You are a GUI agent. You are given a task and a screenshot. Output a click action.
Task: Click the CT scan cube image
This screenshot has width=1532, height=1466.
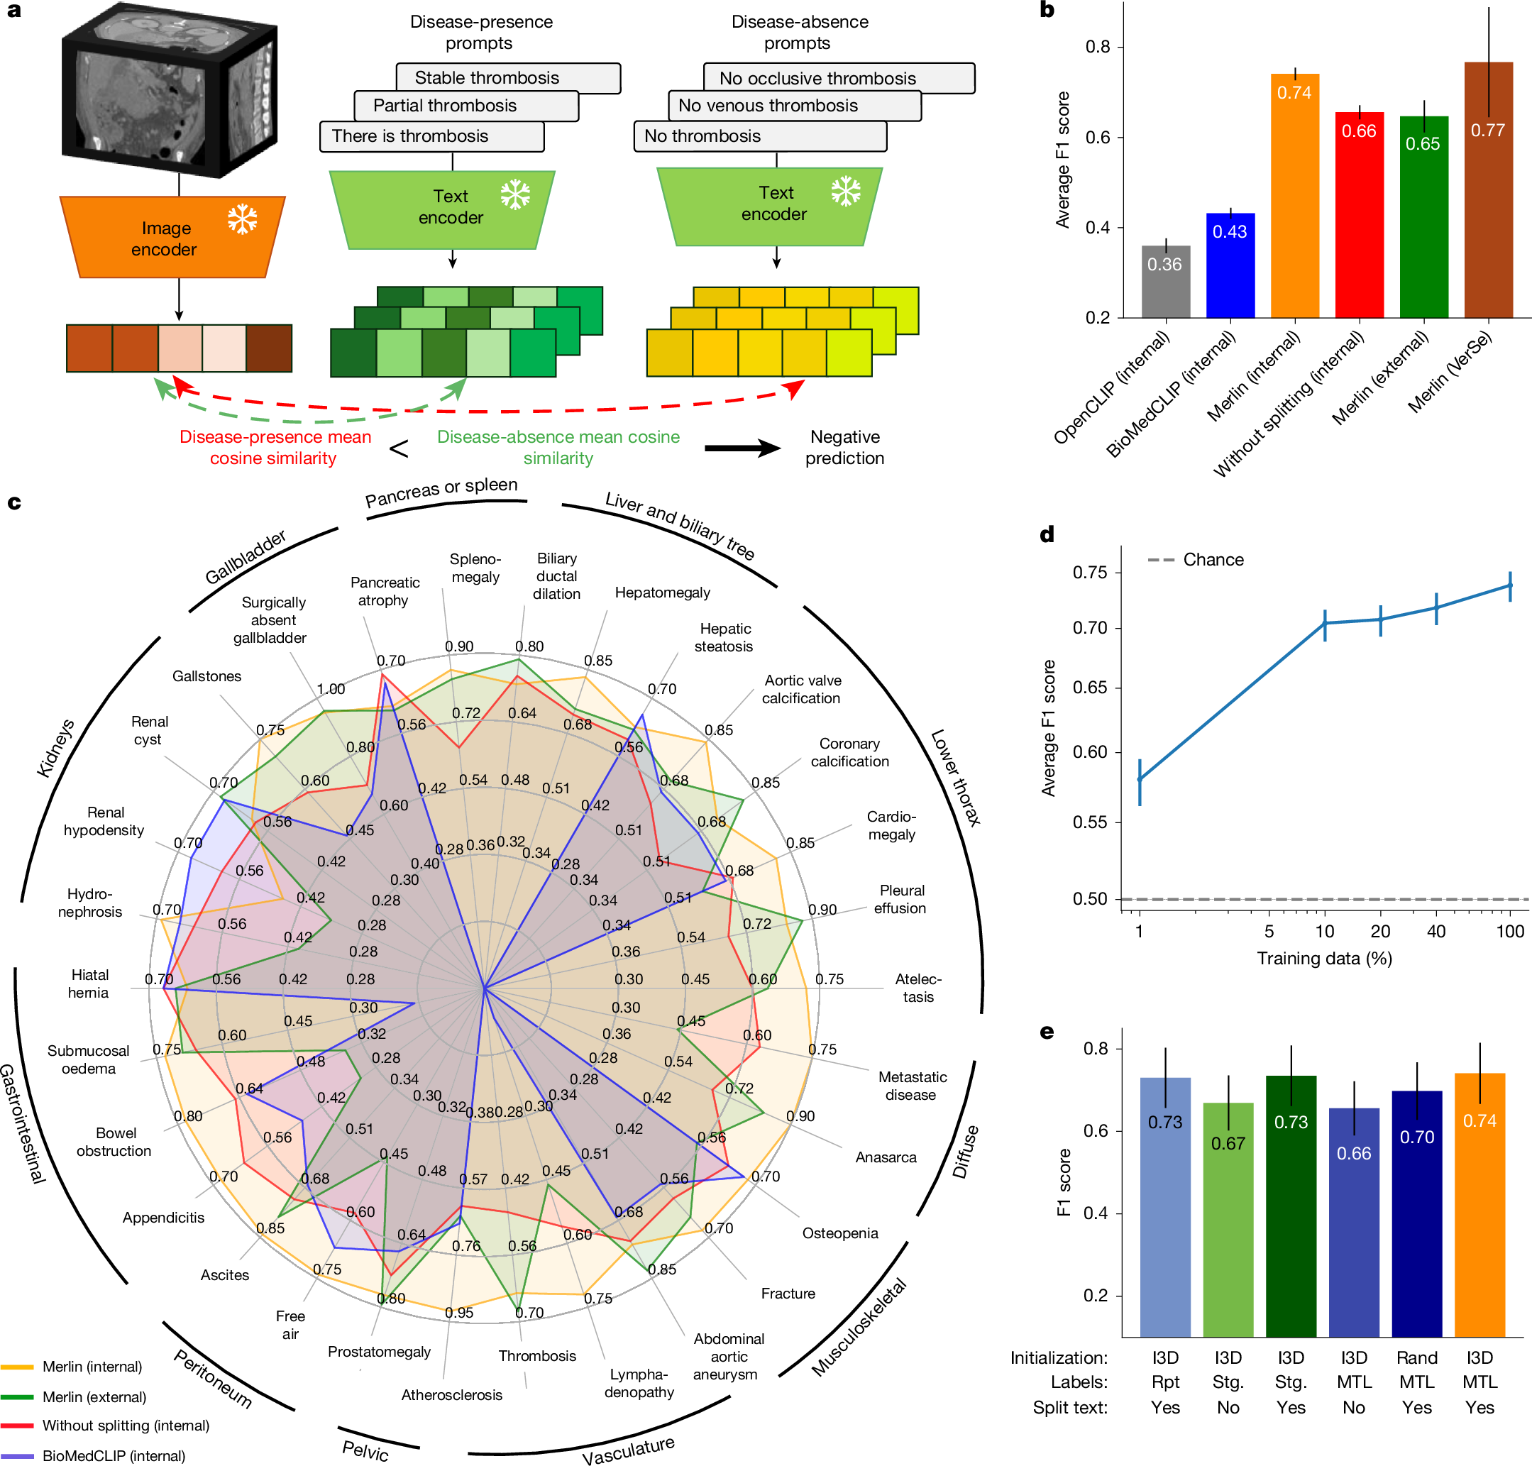168,91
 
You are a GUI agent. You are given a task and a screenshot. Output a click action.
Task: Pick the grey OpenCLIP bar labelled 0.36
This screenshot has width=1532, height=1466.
1165,282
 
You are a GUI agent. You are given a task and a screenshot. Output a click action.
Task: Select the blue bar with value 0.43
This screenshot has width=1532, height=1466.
1230,265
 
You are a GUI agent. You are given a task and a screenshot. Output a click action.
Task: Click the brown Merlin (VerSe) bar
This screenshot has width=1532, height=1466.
1488,192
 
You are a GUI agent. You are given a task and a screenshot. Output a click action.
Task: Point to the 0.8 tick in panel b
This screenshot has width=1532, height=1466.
1098,47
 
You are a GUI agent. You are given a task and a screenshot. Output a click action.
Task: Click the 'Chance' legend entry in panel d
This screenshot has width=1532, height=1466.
1212,560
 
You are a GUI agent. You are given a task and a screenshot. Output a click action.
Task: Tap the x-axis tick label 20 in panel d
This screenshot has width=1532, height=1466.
1380,931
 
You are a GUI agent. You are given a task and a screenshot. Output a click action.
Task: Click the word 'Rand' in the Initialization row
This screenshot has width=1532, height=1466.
1416,1357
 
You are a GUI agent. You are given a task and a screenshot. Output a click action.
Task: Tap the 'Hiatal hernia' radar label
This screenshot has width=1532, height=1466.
89,983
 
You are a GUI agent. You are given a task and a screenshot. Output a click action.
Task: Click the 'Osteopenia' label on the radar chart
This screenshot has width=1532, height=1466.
839,1233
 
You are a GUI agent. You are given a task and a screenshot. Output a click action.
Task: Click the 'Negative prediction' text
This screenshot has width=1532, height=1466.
844,447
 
